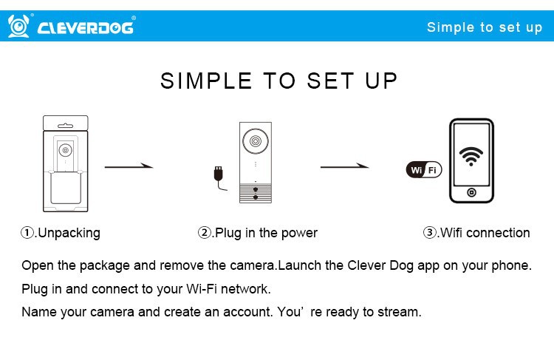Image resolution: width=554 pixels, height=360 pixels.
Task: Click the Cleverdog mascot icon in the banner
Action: click(18, 26)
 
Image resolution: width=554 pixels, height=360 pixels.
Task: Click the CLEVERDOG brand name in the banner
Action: click(86, 27)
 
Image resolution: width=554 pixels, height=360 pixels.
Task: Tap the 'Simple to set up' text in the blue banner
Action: click(485, 27)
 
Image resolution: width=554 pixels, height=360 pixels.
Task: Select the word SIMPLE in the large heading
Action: click(206, 81)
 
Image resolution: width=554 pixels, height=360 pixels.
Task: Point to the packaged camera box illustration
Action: click(65, 163)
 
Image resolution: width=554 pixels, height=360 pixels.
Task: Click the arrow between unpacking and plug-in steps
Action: click(129, 166)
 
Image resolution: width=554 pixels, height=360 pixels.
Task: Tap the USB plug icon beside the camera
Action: click(219, 177)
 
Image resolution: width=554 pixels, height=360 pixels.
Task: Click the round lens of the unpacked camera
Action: click(256, 141)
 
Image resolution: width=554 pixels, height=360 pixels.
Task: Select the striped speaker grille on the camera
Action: click(256, 193)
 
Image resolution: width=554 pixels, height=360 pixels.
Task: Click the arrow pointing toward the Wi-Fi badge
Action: click(344, 166)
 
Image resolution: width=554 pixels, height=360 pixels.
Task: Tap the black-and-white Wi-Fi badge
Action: click(424, 169)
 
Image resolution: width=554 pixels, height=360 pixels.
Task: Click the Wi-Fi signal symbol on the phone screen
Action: click(471, 156)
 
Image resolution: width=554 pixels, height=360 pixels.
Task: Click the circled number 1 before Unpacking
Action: click(27, 233)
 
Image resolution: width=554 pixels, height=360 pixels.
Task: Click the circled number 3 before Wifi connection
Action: click(430, 233)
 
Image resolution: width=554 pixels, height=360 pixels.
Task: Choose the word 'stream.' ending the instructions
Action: click(400, 312)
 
